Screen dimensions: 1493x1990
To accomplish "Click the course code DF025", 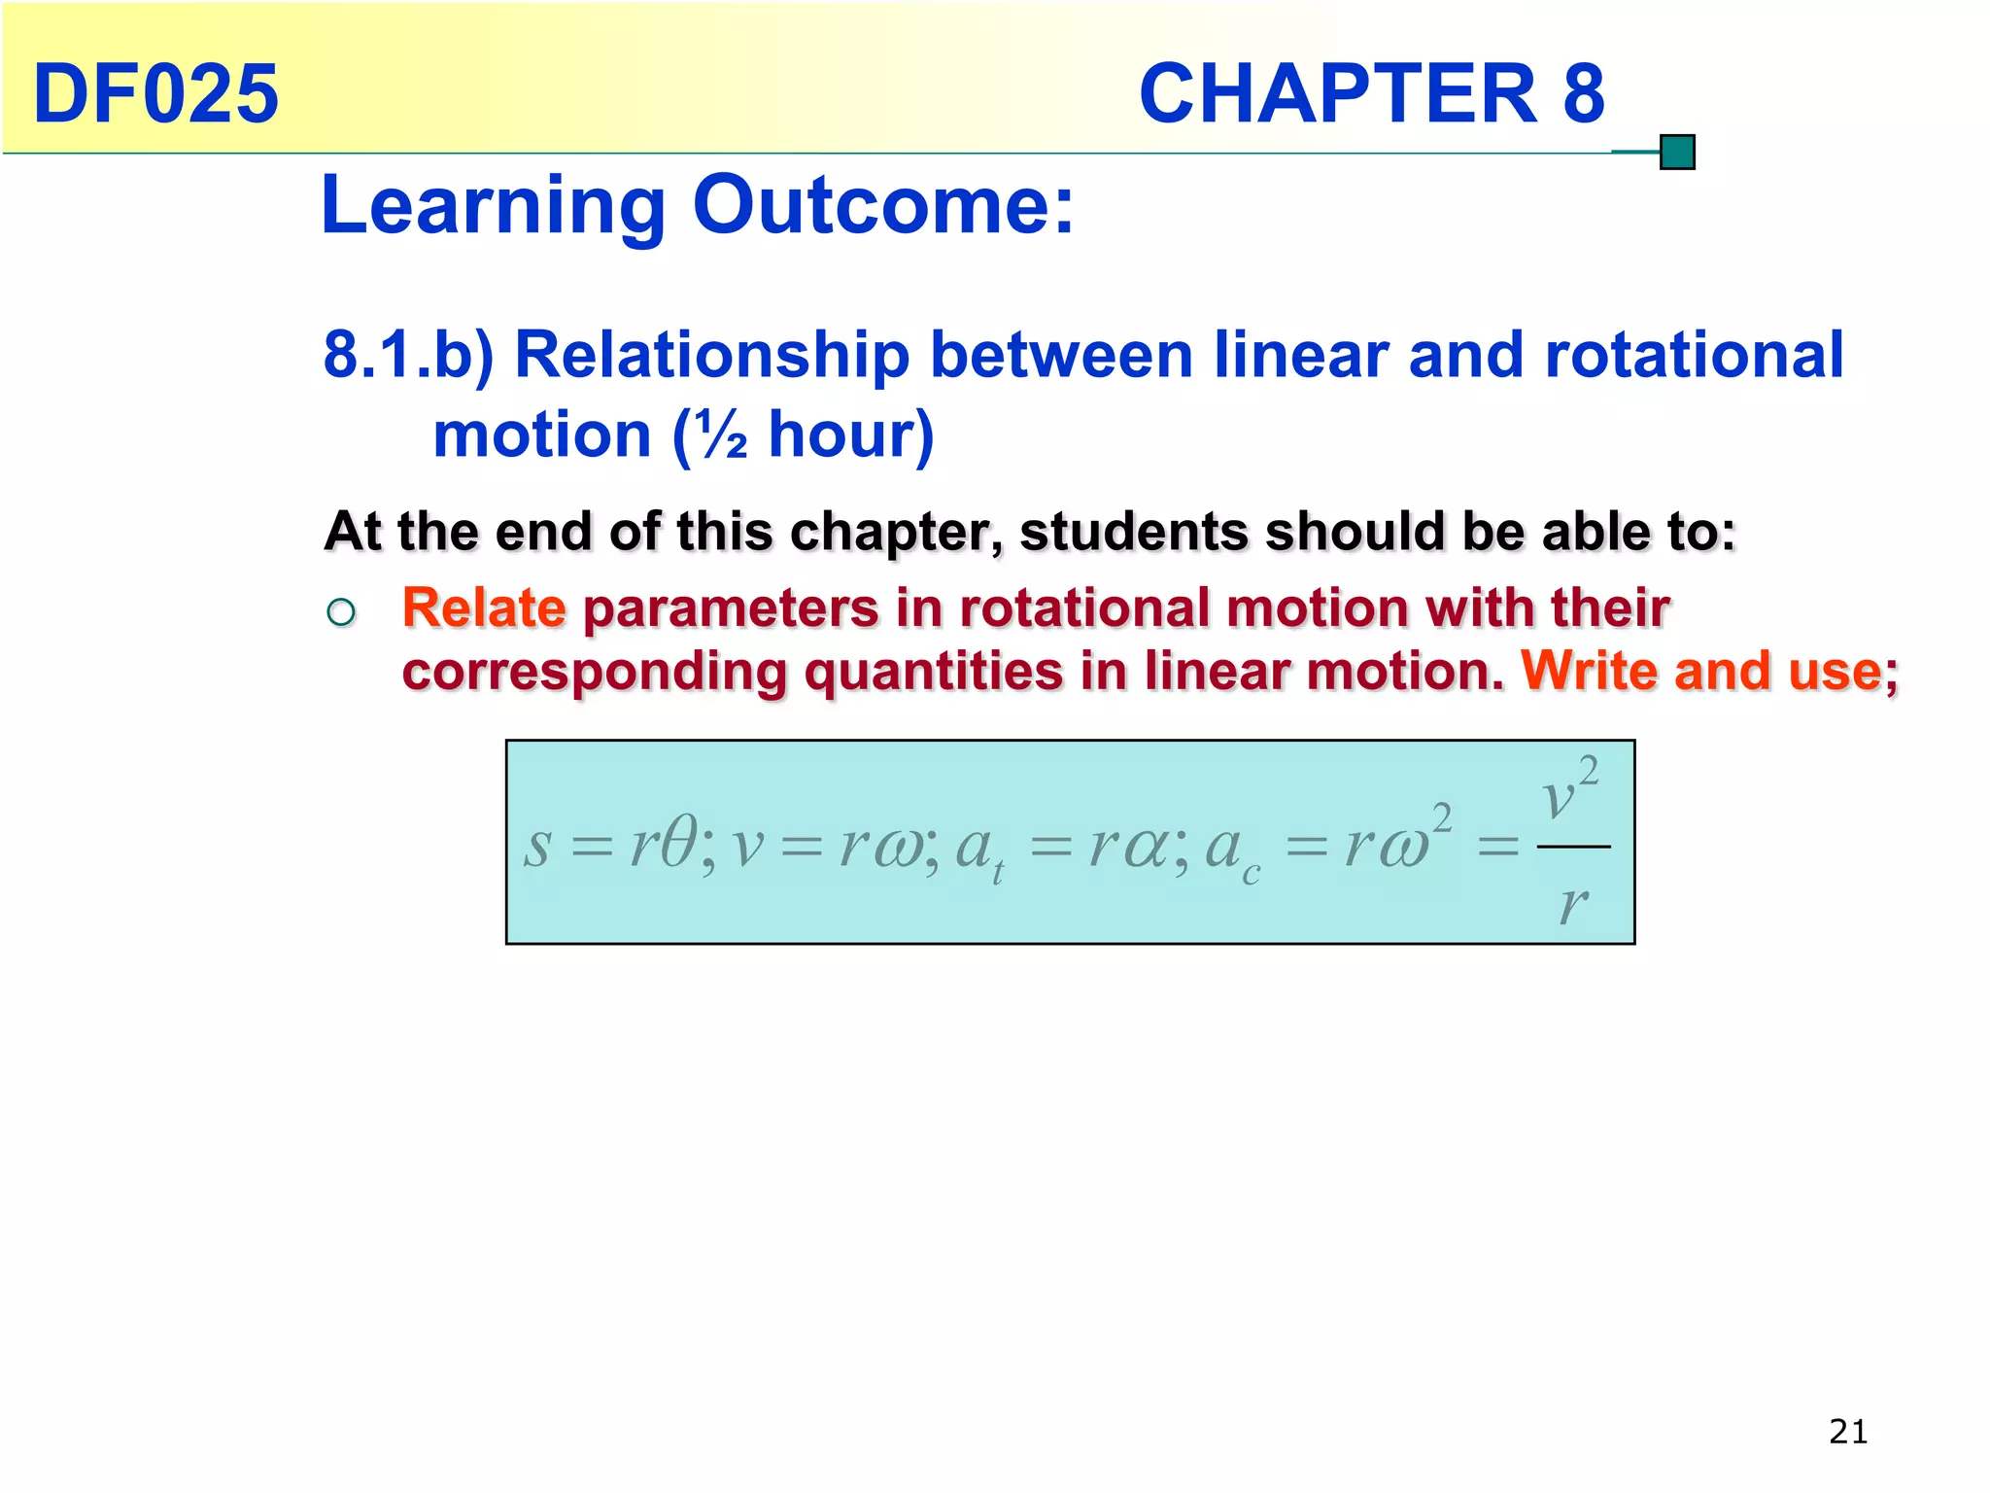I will pos(155,94).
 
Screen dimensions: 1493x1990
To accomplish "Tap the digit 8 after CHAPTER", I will pos(1583,94).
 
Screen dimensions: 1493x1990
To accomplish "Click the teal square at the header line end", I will pos(1677,153).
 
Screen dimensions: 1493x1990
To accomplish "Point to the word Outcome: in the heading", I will pos(883,206).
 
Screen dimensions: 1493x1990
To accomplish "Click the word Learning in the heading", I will pos(492,206).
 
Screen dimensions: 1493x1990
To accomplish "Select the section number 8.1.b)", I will pos(408,355).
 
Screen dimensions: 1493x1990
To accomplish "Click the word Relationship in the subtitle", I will pos(711,355).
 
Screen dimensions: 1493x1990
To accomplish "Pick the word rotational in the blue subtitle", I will pos(1693,355).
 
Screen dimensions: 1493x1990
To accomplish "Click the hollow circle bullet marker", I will pos(341,612).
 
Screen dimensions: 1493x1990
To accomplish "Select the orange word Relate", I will pos(484,608).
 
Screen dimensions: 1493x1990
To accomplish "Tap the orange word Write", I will pos(1590,671).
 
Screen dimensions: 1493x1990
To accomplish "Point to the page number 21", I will pos(1847,1432).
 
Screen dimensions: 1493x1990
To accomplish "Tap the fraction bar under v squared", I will pos(1573,847).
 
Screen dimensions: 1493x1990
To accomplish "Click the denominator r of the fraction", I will pos(1573,904).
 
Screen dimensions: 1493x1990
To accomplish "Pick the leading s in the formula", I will pos(537,846).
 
